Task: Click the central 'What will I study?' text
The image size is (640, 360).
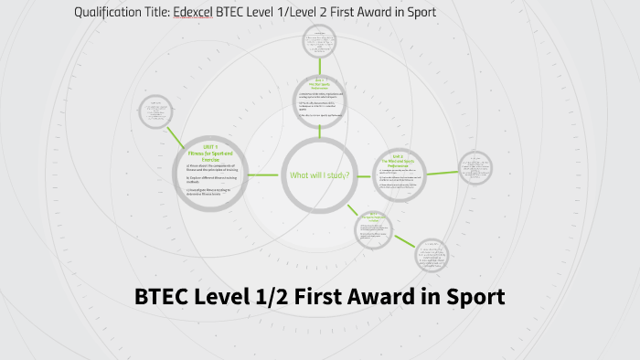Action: pos(319,175)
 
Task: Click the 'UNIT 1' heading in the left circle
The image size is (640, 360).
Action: pos(211,147)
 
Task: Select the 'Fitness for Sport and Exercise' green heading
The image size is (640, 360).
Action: pos(211,155)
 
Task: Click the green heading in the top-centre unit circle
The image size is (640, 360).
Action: pos(320,84)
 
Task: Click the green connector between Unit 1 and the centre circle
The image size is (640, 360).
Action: pos(265,175)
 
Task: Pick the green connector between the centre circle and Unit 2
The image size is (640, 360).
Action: pos(364,174)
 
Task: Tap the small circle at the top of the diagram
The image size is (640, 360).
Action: pos(321,41)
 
